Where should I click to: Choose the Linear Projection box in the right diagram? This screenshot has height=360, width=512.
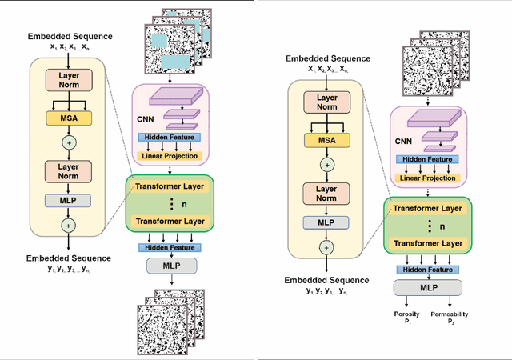(428, 177)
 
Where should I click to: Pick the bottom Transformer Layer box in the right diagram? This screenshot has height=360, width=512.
(429, 243)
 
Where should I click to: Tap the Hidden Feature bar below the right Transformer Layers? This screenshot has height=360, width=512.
(428, 270)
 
